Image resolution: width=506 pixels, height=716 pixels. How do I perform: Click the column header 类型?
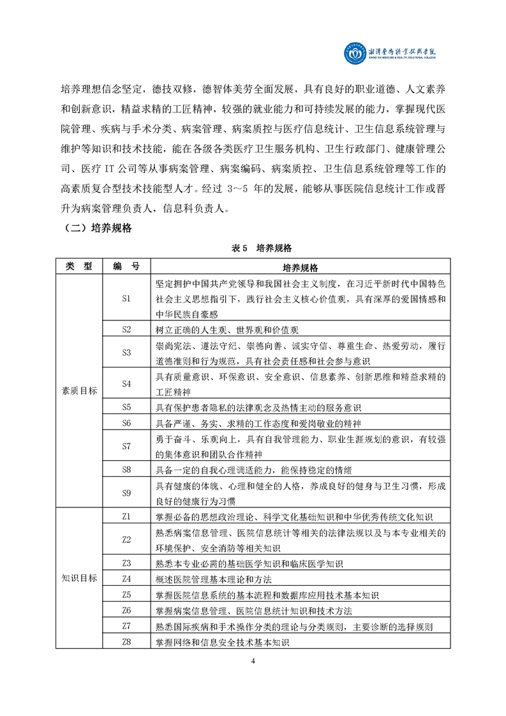point(79,266)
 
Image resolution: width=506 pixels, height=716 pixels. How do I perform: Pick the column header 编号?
point(126,266)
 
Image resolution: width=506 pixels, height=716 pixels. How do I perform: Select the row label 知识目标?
point(79,578)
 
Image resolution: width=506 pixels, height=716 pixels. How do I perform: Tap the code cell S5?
point(126,407)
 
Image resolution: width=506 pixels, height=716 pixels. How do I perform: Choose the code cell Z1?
point(126,516)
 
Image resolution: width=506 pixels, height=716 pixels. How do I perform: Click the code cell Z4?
point(126,579)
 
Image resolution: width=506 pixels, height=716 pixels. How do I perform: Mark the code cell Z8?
point(126,641)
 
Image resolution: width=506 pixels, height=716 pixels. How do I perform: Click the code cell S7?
point(126,446)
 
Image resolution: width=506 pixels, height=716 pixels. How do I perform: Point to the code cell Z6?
point(126,610)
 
